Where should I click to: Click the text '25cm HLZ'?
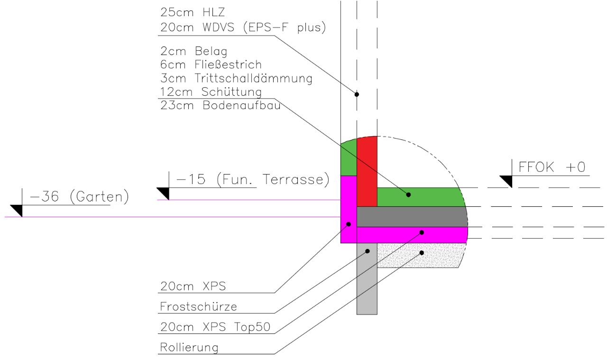click(193, 12)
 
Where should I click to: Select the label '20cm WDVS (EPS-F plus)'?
click(243, 28)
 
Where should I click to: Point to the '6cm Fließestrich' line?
click(211, 65)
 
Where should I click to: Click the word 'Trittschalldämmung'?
click(253, 78)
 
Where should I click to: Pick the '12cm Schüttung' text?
click(211, 92)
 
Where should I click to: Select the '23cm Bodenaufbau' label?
click(221, 105)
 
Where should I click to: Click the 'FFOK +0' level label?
click(552, 167)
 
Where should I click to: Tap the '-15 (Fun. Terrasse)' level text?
click(253, 179)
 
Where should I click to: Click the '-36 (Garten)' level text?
click(79, 197)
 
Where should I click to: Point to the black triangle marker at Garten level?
click(17, 211)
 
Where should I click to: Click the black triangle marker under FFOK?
click(506, 182)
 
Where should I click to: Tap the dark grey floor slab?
click(412, 217)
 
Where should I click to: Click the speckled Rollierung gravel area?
click(421, 255)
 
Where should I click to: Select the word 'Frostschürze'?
click(198, 306)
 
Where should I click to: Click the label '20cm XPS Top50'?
click(215, 327)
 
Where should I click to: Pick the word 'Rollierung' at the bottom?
click(189, 348)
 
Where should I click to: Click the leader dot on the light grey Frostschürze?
click(368, 251)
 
